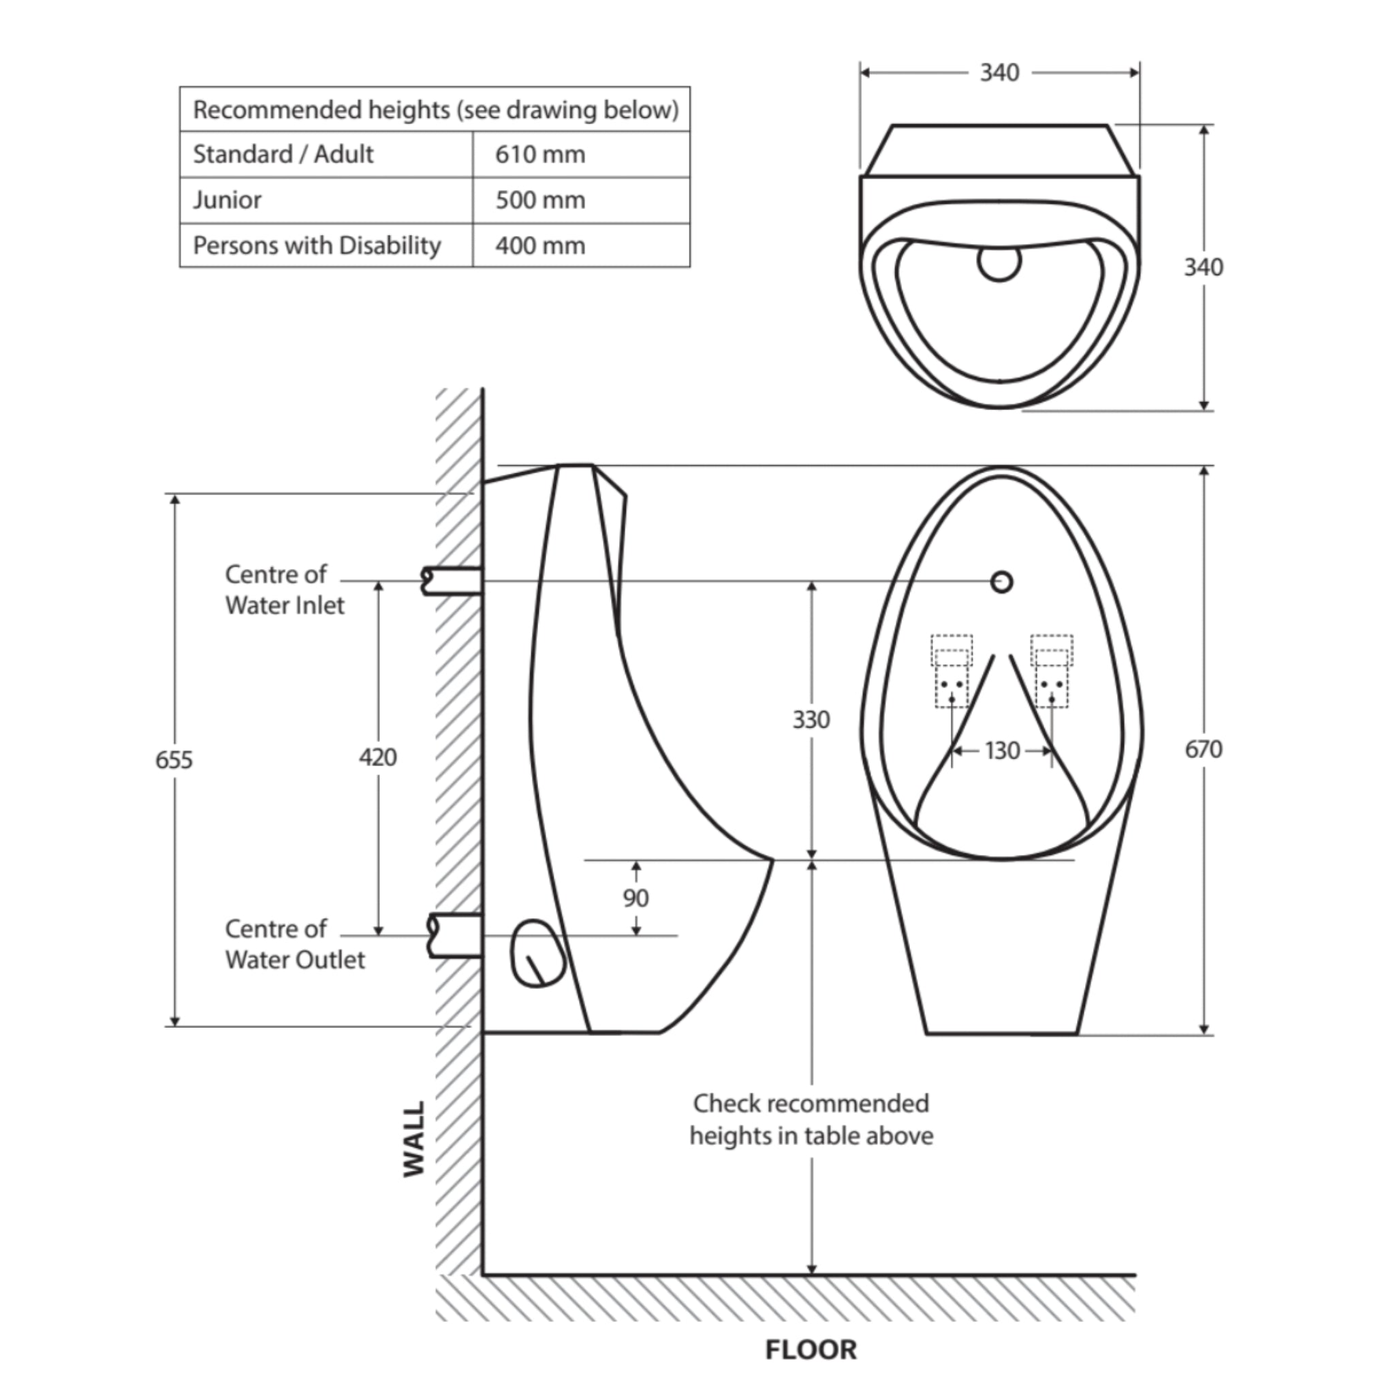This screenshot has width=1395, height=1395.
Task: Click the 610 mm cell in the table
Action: pyautogui.click(x=540, y=155)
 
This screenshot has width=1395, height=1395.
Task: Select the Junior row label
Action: pyautogui.click(x=228, y=200)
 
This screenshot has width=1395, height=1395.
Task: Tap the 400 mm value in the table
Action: pyautogui.click(x=540, y=246)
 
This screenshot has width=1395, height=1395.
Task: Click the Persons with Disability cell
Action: pyautogui.click(x=317, y=246)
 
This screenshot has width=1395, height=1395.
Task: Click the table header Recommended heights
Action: pyautogui.click(x=435, y=110)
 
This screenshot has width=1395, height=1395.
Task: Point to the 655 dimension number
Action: pyautogui.click(x=174, y=759)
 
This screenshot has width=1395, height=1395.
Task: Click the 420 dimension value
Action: pyautogui.click(x=377, y=757)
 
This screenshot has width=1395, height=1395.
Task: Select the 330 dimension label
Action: pyautogui.click(x=811, y=720)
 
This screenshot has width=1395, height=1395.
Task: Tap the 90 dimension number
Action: pyautogui.click(x=636, y=898)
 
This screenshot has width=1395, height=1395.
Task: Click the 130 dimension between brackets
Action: pyautogui.click(x=1001, y=751)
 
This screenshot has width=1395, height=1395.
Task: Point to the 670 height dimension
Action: pyautogui.click(x=1203, y=749)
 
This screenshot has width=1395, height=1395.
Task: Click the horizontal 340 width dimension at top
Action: pyautogui.click(x=999, y=73)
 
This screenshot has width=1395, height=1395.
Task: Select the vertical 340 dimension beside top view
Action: pyautogui.click(x=1203, y=267)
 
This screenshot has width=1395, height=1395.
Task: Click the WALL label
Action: pyautogui.click(x=413, y=1140)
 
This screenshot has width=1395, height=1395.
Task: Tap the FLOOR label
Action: pyautogui.click(x=811, y=1349)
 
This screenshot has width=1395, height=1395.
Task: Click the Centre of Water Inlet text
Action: pyautogui.click(x=285, y=590)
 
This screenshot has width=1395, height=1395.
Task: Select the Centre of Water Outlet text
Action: pyautogui.click(x=294, y=943)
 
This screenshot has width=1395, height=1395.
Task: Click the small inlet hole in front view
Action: pyautogui.click(x=1001, y=582)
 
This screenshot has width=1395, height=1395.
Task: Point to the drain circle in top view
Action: pyautogui.click(x=999, y=262)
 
